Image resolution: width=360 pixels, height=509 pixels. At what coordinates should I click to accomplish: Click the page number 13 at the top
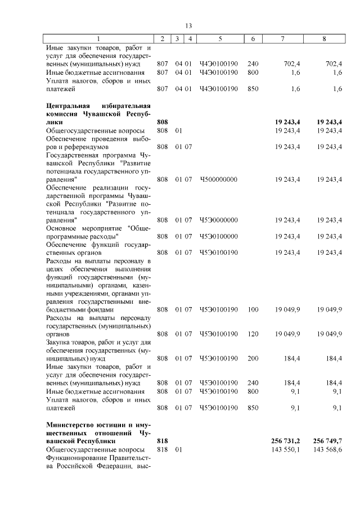[188, 26]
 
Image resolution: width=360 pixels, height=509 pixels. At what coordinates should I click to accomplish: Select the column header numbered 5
[220, 39]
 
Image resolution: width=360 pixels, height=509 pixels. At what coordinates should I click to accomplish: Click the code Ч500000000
[219, 179]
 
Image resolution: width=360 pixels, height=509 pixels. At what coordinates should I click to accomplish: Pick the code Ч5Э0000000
[219, 220]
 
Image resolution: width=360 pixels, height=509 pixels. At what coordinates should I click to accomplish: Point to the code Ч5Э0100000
[219, 236]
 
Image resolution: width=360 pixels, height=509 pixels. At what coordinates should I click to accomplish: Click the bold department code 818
[163, 442]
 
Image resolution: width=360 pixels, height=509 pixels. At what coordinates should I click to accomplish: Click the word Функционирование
[77, 458]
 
